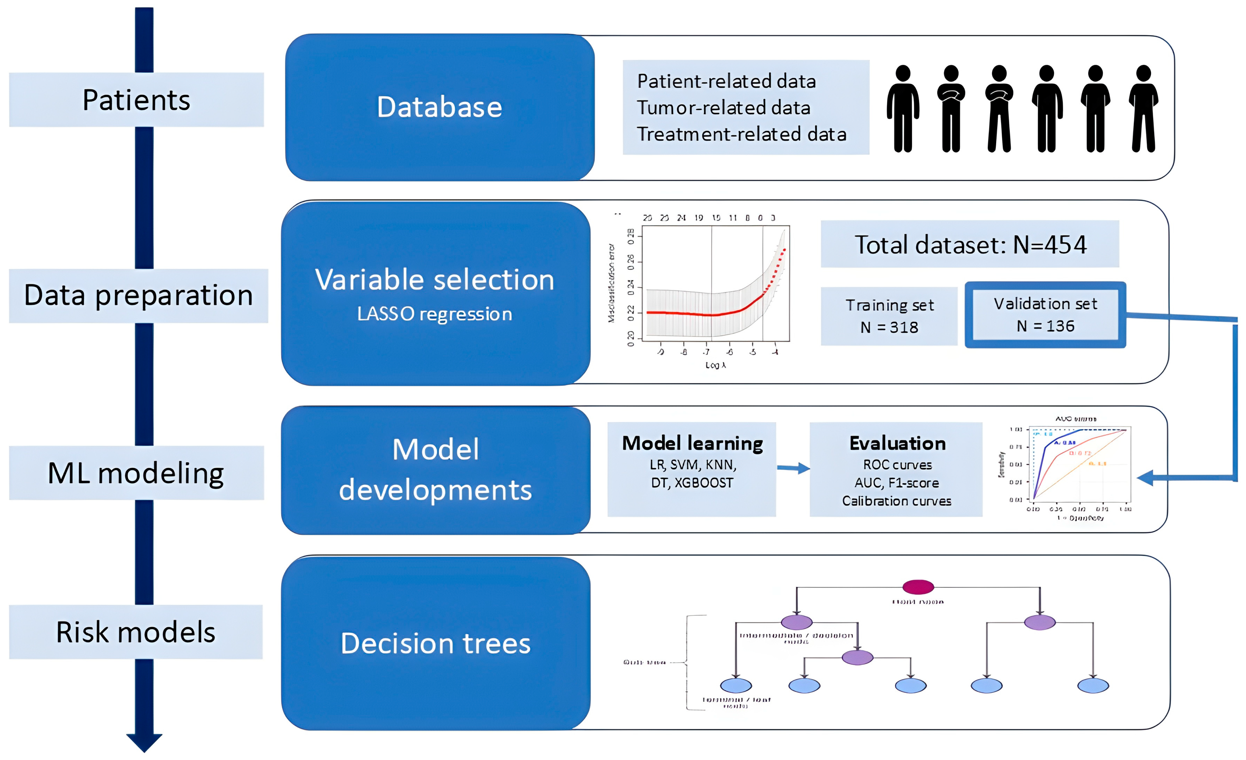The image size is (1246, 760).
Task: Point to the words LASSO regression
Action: coord(435,314)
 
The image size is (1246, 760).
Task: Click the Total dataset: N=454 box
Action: coord(969,245)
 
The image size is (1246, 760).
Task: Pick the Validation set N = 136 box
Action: coord(1045,315)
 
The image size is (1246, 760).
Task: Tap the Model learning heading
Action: coord(692,443)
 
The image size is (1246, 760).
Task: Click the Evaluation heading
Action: coord(897,443)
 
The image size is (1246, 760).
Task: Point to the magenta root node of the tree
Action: coord(918,587)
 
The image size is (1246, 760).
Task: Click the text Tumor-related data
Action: coord(723,108)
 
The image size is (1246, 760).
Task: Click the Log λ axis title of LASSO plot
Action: coord(715,365)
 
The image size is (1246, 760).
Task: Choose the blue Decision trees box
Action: coord(435,643)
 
